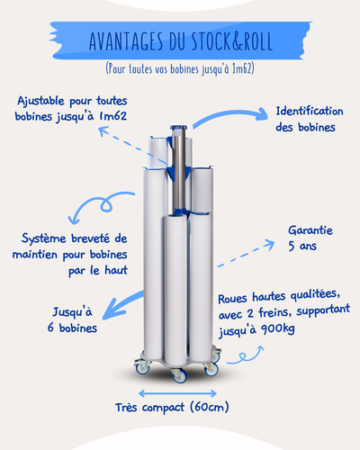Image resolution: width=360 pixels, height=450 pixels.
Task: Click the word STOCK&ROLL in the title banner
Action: pos(232,40)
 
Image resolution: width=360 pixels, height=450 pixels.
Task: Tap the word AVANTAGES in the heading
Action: pos(126,40)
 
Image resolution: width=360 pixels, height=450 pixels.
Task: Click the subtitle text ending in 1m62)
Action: pos(180,68)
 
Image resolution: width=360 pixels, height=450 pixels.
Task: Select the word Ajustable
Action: pos(40,101)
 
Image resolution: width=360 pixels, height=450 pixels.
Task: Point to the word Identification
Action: pos(310,111)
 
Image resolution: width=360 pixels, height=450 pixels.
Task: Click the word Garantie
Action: pos(310,230)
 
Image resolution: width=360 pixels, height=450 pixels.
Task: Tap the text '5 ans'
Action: pos(302,246)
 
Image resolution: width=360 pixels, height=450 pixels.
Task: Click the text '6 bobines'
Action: pos(72,328)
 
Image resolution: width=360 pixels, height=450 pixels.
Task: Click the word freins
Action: pos(274,312)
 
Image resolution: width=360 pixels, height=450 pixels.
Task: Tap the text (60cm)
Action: pos(210,407)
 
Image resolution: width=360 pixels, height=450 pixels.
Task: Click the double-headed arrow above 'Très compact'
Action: pos(177,393)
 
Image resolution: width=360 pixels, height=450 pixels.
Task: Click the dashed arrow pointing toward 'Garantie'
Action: pos(246,254)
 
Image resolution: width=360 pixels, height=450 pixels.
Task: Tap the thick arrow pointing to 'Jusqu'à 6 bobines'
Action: pos(121,305)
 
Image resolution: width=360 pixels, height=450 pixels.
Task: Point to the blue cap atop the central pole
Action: pos(180,128)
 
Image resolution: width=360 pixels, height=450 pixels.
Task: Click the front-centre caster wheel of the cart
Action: pos(179,376)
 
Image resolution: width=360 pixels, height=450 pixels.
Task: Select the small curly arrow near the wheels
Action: pos(245,357)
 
